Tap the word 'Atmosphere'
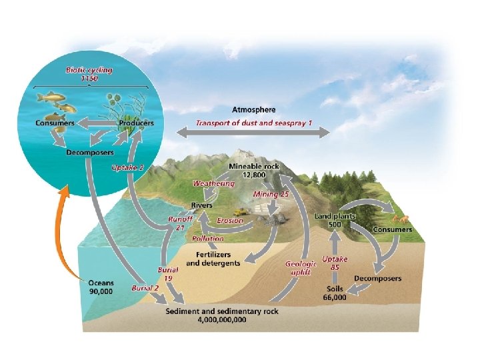coord(253,109)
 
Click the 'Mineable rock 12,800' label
coord(247,170)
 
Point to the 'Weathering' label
coord(213,183)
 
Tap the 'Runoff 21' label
coord(180,223)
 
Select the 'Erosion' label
coord(230,221)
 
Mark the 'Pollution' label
coord(208,238)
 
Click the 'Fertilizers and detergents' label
coord(213,259)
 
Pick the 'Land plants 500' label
coord(335,220)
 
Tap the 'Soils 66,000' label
coord(335,293)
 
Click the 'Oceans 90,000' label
coord(101,287)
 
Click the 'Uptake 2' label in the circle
coord(127,167)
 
